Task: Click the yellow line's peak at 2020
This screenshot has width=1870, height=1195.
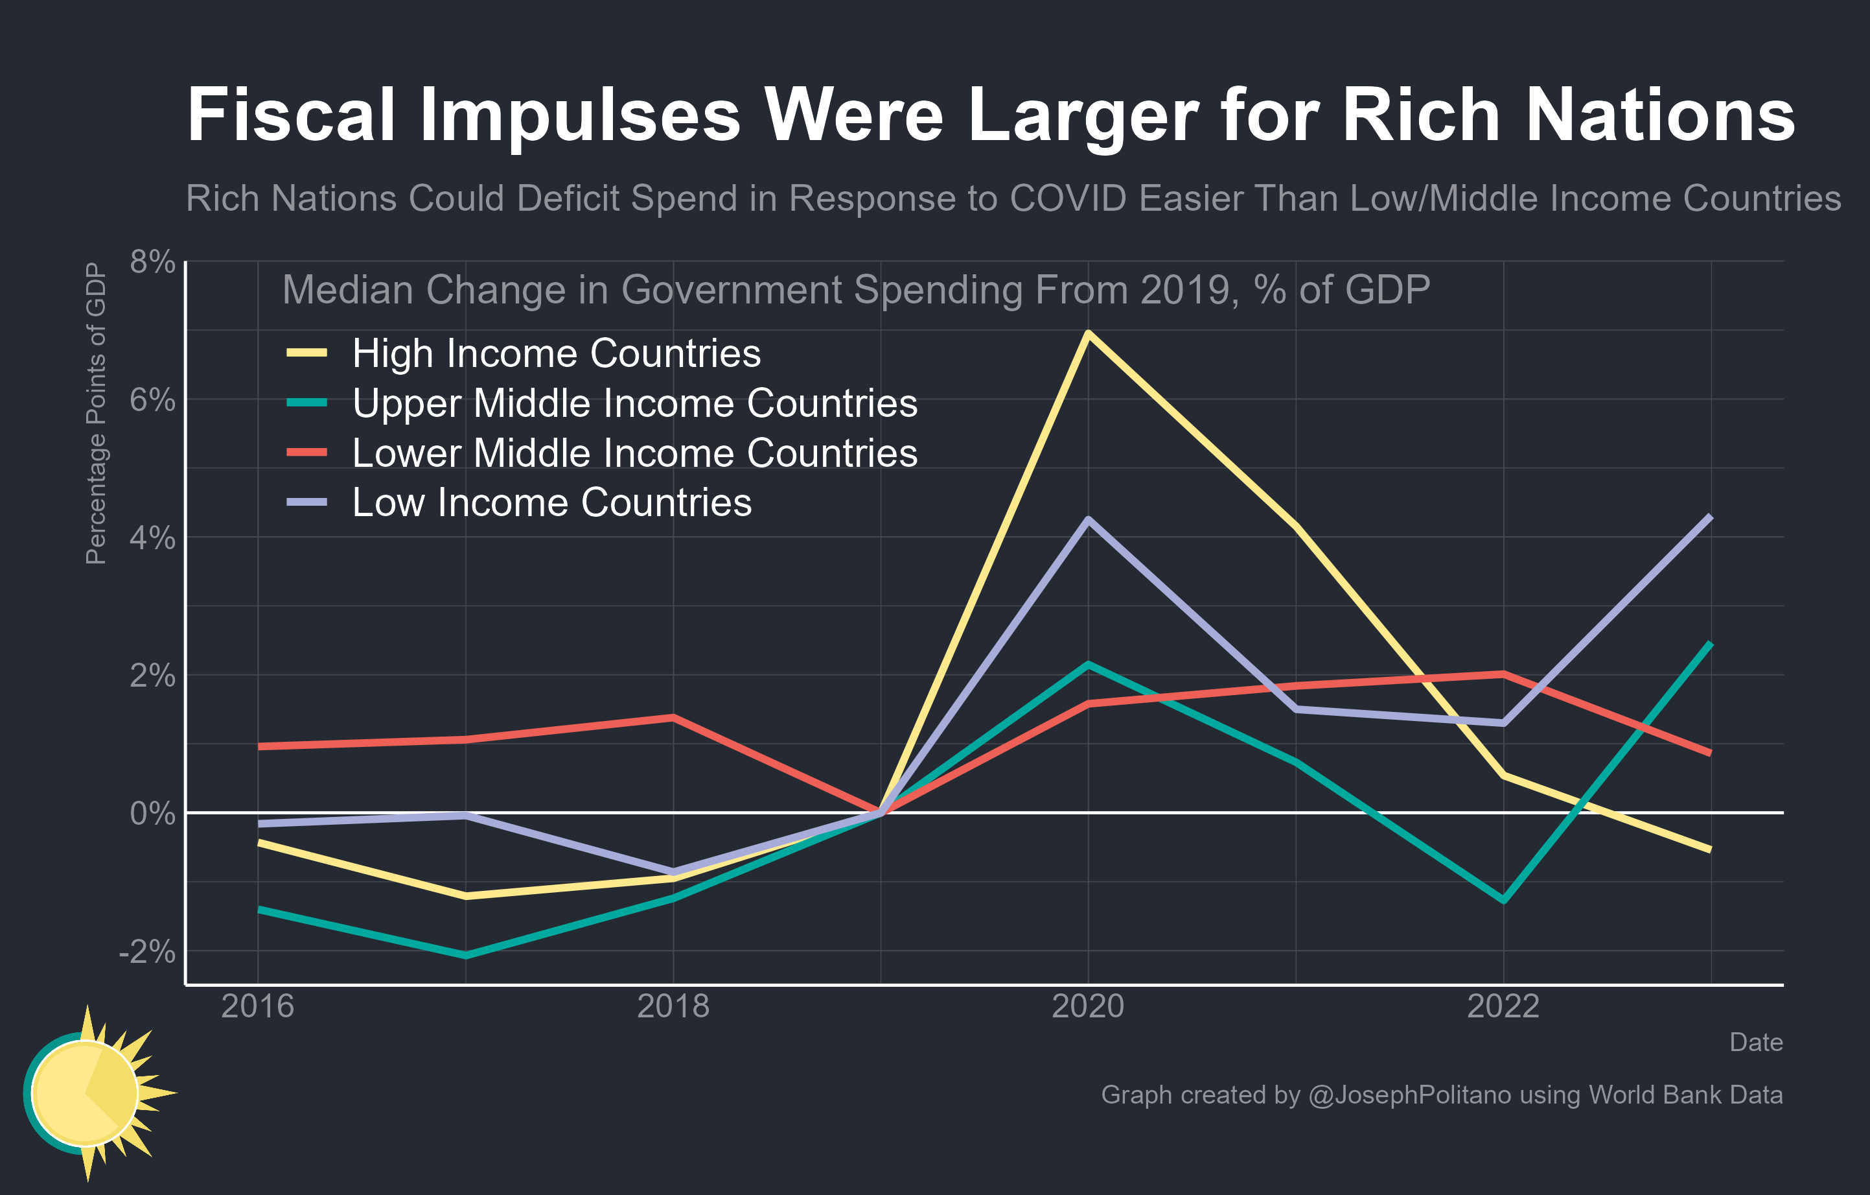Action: click(x=1088, y=333)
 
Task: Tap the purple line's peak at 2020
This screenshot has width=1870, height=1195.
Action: click(x=1088, y=519)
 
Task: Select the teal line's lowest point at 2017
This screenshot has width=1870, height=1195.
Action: click(x=465, y=955)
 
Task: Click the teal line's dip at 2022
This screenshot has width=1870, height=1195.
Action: click(x=1503, y=901)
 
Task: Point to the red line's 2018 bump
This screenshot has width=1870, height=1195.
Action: click(x=673, y=717)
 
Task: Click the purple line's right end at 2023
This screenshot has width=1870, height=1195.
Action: click(x=1710, y=517)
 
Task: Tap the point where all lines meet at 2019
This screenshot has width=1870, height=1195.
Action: click(x=881, y=812)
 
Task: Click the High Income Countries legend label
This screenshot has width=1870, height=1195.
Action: click(x=556, y=353)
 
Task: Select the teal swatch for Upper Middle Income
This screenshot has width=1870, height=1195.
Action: click(x=306, y=403)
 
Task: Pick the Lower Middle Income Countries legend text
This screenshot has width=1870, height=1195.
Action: click(x=634, y=453)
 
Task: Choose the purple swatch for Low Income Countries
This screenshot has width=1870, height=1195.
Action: click(x=306, y=503)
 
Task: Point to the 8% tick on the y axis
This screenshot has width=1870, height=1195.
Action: click(x=152, y=263)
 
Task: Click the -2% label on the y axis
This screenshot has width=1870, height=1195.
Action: click(x=147, y=951)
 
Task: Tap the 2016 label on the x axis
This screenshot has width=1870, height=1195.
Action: click(x=257, y=1007)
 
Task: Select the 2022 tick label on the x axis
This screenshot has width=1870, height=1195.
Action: click(x=1503, y=1007)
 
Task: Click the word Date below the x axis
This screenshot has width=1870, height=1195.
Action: click(x=1755, y=1042)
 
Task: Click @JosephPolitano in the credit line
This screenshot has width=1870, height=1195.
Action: click(x=1409, y=1094)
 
